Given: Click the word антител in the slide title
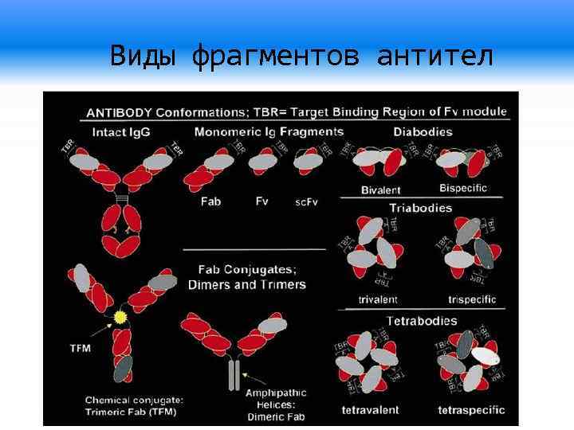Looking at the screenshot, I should (435, 57).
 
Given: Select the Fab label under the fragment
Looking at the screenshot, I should (210, 201).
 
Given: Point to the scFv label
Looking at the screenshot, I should (306, 202).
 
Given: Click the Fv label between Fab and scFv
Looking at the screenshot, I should (261, 201).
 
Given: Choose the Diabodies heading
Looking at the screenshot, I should (423, 132).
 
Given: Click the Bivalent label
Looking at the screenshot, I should (380, 190).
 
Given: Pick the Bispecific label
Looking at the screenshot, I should (462, 189).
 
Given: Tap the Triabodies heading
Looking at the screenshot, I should (420, 208).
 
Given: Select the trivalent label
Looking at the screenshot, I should (378, 299).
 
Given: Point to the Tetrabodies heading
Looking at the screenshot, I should (422, 321).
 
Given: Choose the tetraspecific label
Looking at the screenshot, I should (471, 410).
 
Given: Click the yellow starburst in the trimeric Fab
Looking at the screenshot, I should (120, 317).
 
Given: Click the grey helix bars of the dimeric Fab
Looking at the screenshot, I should (233, 374).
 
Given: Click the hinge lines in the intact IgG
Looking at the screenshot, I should (121, 197).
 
